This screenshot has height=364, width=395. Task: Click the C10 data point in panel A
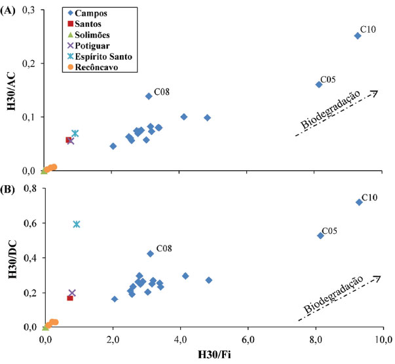(358, 36)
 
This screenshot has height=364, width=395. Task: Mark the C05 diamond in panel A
(319, 84)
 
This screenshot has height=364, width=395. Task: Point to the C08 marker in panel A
(149, 96)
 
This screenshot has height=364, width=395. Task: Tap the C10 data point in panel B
(359, 202)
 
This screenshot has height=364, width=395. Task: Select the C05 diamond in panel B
(320, 235)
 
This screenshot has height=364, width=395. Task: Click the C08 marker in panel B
(150, 253)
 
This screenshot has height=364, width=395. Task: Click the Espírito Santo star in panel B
(77, 224)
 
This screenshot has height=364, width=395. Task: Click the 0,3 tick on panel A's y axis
(28, 11)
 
